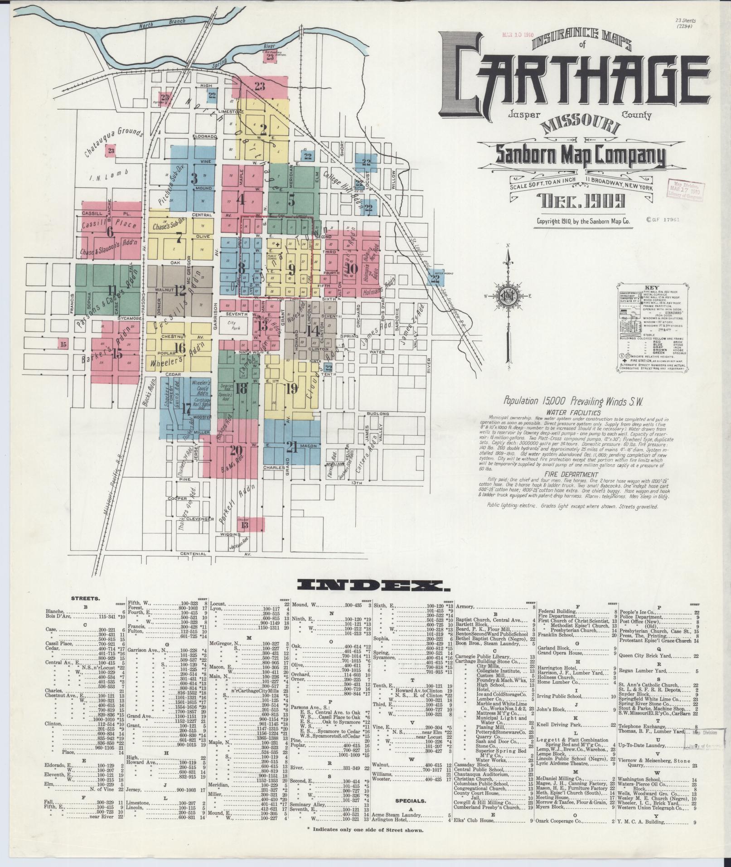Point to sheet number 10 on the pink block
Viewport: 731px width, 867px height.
(352, 268)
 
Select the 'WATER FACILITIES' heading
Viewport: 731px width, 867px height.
(573, 413)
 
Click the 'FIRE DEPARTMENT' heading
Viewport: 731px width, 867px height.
(573, 475)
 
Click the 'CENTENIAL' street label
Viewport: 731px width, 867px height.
(194, 553)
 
